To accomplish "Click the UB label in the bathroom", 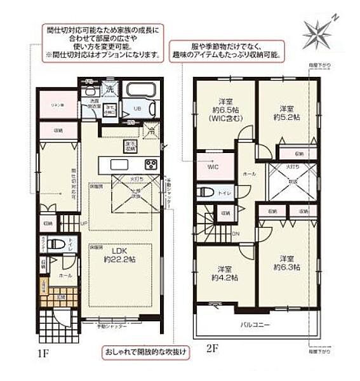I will pyautogui.click(x=135, y=109).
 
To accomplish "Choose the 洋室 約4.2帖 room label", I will pyautogui.click(x=226, y=273).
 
